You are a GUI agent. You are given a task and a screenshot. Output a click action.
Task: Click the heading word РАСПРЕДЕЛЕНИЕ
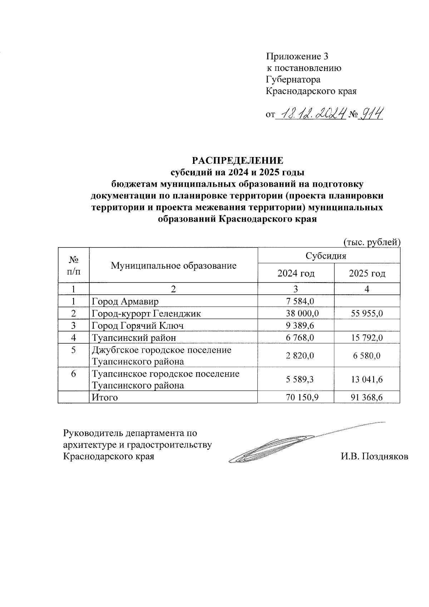coord(238,160)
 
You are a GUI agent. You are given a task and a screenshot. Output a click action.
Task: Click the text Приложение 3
coord(297,57)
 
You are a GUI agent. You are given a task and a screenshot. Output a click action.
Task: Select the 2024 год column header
coord(296,274)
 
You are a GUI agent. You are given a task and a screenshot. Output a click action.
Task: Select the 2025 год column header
coord(367,274)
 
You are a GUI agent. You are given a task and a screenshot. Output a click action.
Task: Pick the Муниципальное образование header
coord(173,265)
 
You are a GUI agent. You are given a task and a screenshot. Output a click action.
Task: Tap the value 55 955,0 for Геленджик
coord(367,313)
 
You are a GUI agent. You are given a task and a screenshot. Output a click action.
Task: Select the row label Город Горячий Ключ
coord(138,325)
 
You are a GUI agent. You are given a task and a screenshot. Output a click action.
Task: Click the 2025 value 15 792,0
coord(367,337)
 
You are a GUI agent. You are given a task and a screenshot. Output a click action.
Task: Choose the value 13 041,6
coord(367,380)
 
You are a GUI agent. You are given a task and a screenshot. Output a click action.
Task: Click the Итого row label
coord(105,397)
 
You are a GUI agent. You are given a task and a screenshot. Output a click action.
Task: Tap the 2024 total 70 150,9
coord(302,397)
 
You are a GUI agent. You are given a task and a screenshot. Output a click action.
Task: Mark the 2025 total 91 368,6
coord(367,397)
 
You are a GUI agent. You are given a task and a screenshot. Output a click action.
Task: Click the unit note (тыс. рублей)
coord(372,242)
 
